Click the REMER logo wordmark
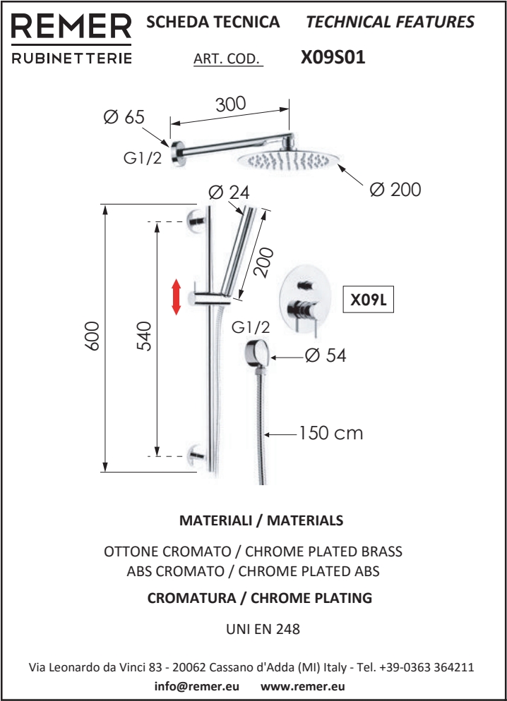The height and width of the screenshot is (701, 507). pyautogui.click(x=71, y=26)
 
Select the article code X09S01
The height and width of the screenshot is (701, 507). pyautogui.click(x=333, y=57)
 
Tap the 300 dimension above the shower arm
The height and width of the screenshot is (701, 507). pyautogui.click(x=230, y=104)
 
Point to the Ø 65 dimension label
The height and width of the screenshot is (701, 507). pyautogui.click(x=124, y=117)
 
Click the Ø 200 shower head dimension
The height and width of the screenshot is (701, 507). pyautogui.click(x=395, y=190)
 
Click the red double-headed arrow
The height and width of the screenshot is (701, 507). pyautogui.click(x=177, y=297)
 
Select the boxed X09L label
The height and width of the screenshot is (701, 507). pyautogui.click(x=369, y=300)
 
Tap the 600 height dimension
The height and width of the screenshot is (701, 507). pyautogui.click(x=93, y=336)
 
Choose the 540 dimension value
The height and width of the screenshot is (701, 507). pyautogui.click(x=144, y=336)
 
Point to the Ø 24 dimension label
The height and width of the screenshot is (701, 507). pyautogui.click(x=229, y=193)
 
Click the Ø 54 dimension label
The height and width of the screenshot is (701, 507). pyautogui.click(x=326, y=356)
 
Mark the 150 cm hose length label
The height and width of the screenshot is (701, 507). pyautogui.click(x=330, y=433)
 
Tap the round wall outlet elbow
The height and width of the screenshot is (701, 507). pyautogui.click(x=256, y=353)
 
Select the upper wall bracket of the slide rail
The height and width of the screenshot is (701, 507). pyautogui.click(x=196, y=219)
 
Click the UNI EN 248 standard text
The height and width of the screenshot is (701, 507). pyautogui.click(x=263, y=629)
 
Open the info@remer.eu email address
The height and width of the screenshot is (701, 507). pyautogui.click(x=196, y=686)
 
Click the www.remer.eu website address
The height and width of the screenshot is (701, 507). pyautogui.click(x=302, y=686)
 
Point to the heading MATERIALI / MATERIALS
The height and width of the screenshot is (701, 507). pyautogui.click(x=261, y=520)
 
